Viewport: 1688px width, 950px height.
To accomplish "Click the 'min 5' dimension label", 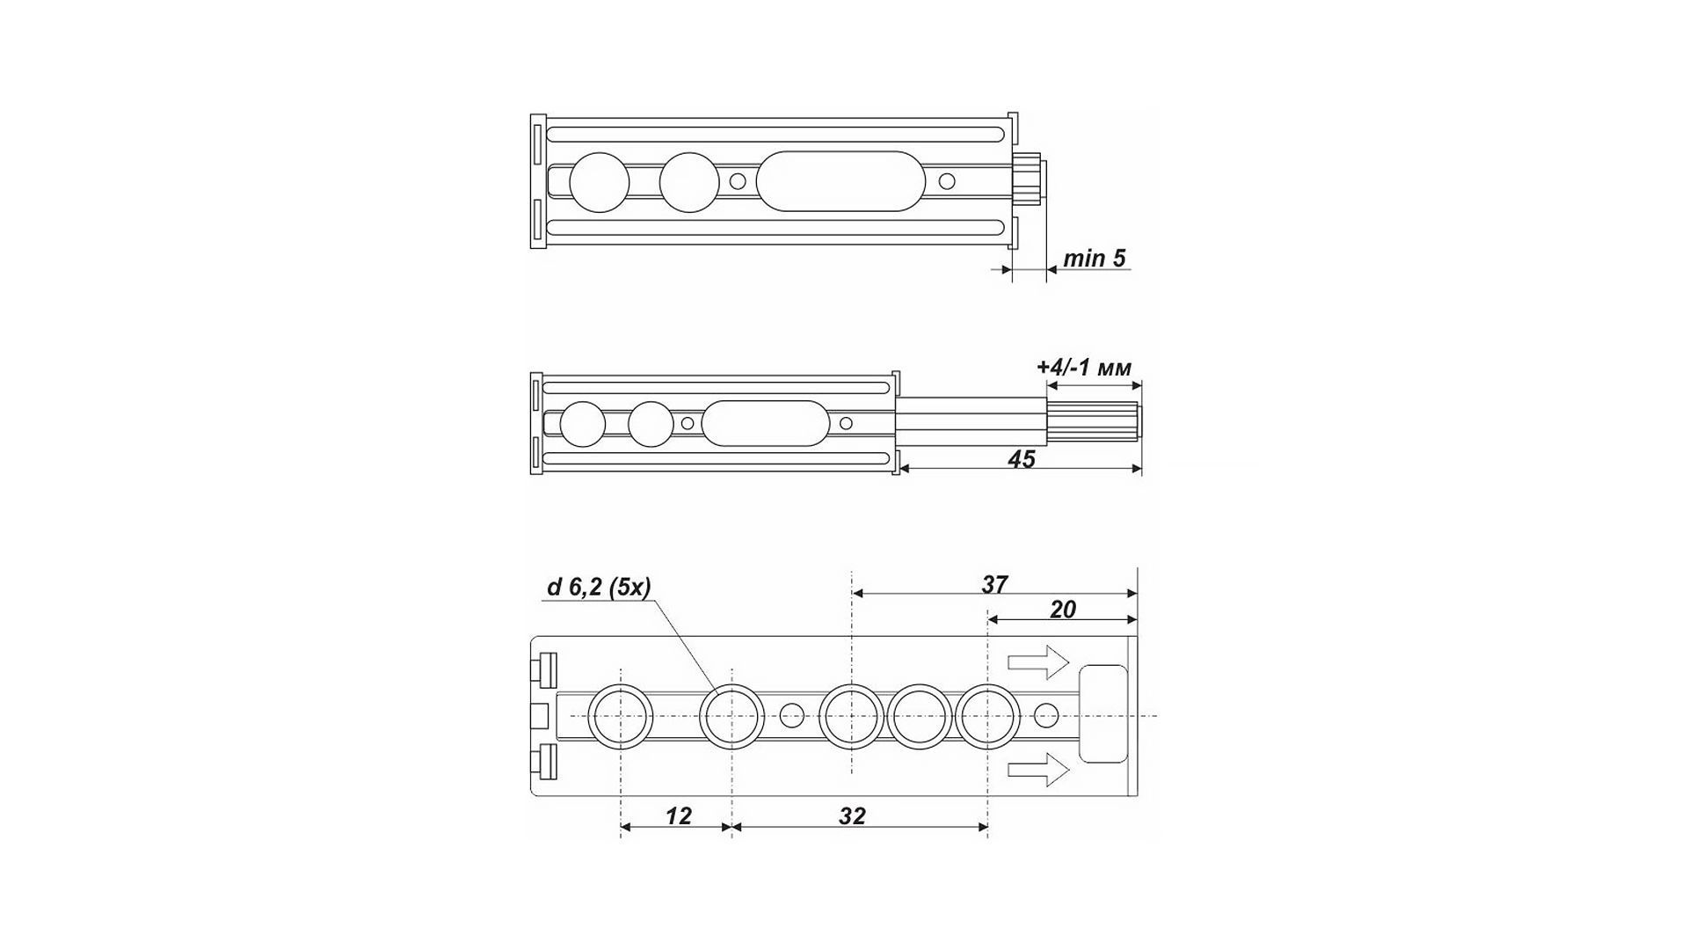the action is [1094, 259].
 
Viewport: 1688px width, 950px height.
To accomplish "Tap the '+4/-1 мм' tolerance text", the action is [1084, 367].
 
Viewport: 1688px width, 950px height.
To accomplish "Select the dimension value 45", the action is [1021, 459].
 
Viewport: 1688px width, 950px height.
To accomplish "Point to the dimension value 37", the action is [994, 584].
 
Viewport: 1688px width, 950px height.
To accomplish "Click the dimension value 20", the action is [1063, 610].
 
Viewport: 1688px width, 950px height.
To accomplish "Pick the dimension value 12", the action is [679, 816].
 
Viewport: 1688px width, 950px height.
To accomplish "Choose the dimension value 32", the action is [852, 816].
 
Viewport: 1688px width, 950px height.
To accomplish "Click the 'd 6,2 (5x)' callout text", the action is [599, 587].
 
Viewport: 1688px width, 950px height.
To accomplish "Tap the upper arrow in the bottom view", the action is [1038, 662].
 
